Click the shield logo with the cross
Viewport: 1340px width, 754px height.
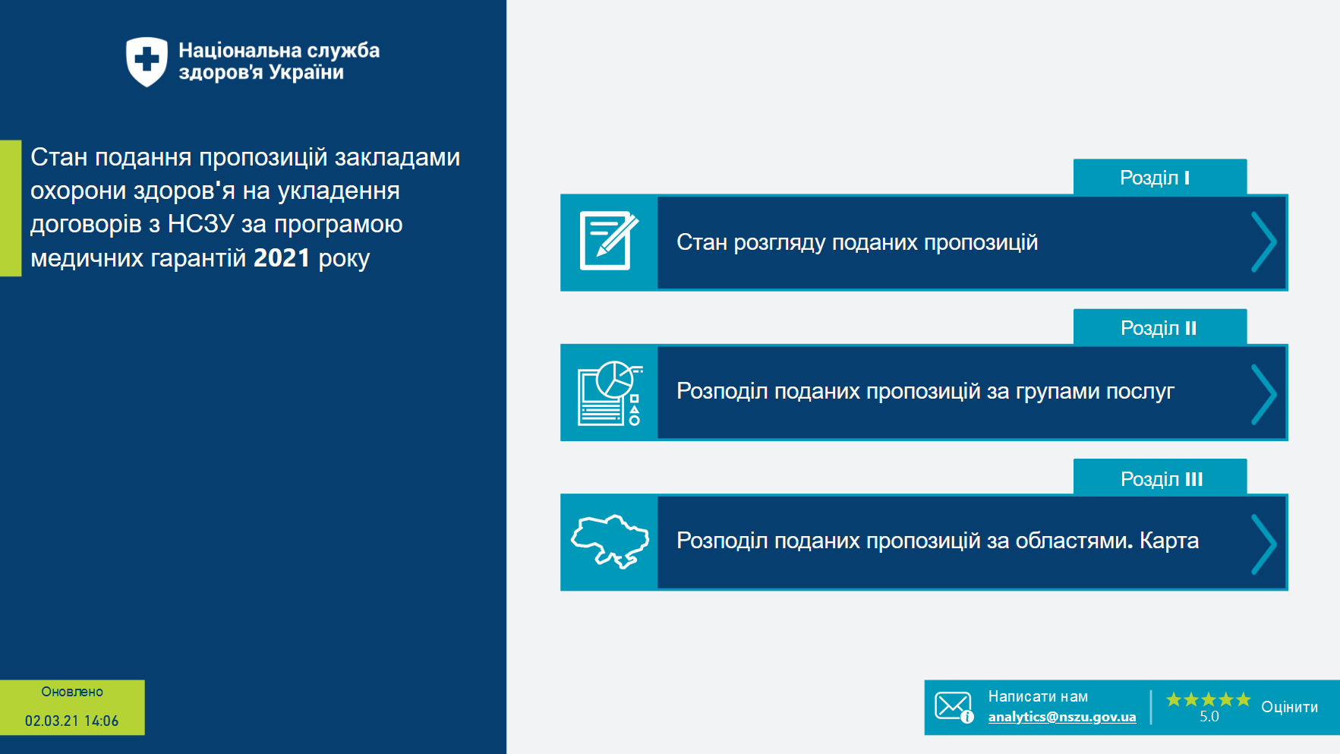click(147, 61)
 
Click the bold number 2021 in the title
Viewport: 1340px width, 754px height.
click(282, 258)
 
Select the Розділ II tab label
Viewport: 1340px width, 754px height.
click(1159, 328)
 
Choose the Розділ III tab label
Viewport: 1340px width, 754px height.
click(1161, 479)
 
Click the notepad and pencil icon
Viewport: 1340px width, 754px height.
click(609, 241)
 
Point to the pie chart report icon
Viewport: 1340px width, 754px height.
click(610, 393)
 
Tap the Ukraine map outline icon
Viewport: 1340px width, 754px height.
click(610, 541)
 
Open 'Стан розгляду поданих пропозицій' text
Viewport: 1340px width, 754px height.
click(856, 242)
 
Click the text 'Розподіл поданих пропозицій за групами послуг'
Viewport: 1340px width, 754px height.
click(925, 391)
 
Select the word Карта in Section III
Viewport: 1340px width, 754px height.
click(1169, 541)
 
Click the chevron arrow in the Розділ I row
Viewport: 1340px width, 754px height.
click(1263, 242)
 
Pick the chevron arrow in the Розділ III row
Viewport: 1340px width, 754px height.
click(1263, 544)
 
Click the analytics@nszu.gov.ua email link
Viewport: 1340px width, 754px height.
click(1061, 717)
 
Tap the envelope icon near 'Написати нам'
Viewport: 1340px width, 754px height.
click(953, 706)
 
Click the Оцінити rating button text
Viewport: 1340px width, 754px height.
click(1289, 707)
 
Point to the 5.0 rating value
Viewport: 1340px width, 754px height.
click(1209, 717)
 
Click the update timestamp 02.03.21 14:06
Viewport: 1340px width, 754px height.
click(72, 721)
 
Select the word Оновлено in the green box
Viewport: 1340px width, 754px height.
click(72, 692)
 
